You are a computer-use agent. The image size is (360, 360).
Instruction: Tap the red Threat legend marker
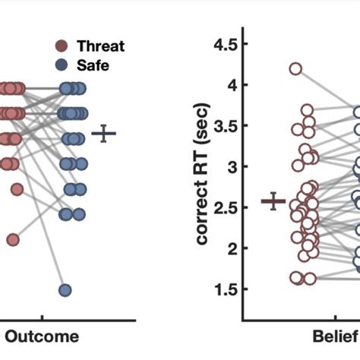(x=63, y=46)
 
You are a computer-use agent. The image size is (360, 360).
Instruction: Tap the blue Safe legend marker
(x=63, y=65)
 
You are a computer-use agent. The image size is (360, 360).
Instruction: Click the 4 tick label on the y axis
(x=229, y=85)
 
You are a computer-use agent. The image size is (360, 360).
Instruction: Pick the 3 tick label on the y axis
(x=229, y=166)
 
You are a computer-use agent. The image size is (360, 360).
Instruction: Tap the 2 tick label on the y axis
(x=229, y=248)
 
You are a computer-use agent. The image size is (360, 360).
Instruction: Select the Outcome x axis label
(x=42, y=336)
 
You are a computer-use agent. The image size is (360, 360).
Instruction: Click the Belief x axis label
(x=333, y=336)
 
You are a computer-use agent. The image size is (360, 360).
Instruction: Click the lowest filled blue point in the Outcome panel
(x=65, y=289)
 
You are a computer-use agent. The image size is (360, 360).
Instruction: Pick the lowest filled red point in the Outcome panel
(x=13, y=239)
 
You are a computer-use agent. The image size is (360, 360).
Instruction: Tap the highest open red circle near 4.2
(x=295, y=69)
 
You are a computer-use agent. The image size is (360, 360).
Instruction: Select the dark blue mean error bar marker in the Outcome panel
(x=104, y=134)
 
